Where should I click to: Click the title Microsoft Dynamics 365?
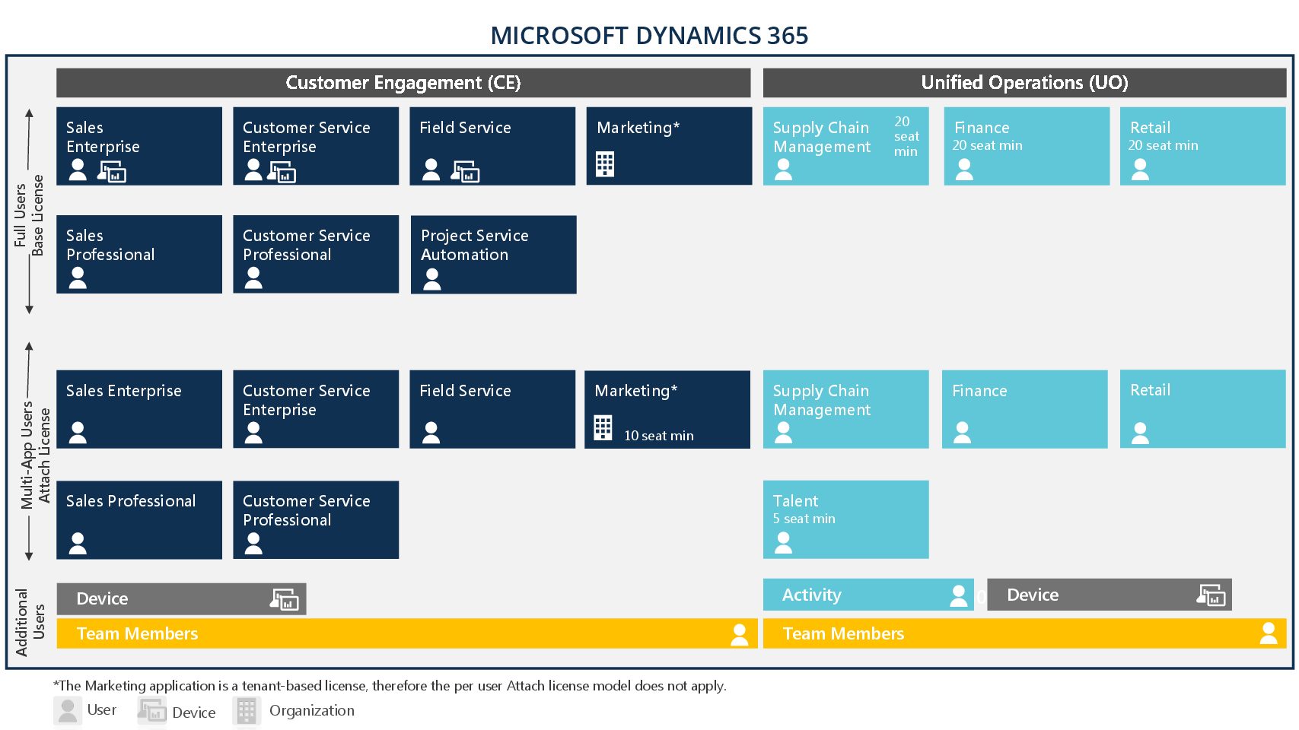point(648,35)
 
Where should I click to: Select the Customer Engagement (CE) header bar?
point(403,83)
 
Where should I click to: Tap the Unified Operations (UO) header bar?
point(1024,83)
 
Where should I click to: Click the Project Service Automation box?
point(493,255)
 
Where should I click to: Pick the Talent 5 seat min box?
point(845,519)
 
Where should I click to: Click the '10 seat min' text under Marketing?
point(658,436)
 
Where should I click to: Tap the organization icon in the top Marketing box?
point(605,164)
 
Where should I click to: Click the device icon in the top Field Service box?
point(466,172)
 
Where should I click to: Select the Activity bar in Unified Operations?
point(868,595)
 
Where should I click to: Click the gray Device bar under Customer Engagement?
point(181,599)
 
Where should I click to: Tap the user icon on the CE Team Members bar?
point(739,634)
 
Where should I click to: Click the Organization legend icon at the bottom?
point(247,711)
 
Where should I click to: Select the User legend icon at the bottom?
point(68,710)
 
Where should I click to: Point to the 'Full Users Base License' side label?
point(29,214)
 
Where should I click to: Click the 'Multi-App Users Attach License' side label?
point(35,455)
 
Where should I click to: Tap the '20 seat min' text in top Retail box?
point(1163,145)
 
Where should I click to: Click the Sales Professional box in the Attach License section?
point(139,519)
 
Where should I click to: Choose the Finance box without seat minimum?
point(1024,409)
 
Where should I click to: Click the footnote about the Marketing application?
point(390,686)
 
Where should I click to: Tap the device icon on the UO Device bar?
point(1211,595)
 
